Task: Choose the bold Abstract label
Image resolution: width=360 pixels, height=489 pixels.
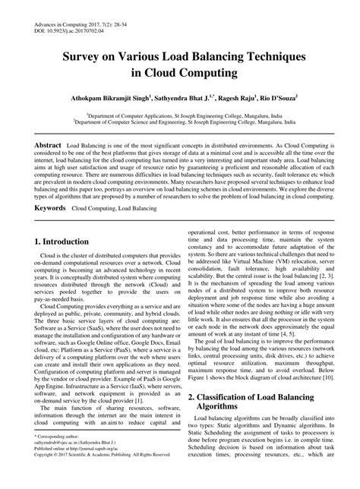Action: point(46,144)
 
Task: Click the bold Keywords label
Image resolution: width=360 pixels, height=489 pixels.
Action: point(49,207)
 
